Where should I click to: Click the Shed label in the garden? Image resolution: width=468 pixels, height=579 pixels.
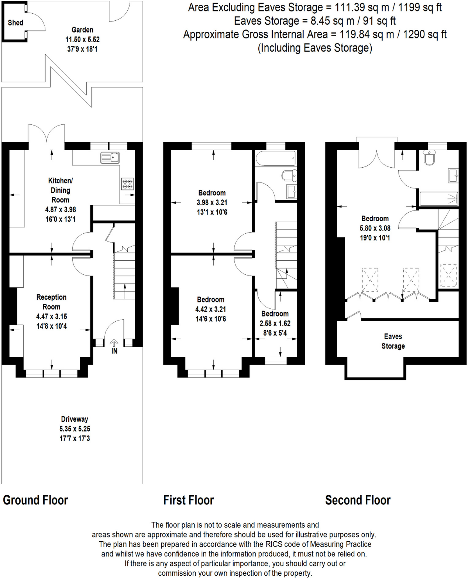pyautogui.click(x=16, y=23)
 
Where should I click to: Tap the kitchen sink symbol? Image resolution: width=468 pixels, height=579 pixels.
pyautogui.click(x=110, y=158)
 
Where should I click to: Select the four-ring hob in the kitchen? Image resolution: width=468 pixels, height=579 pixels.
pyautogui.click(x=127, y=184)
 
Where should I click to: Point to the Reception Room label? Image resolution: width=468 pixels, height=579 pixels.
pyautogui.click(x=51, y=302)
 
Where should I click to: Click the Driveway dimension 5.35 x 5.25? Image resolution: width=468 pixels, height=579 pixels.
pyautogui.click(x=75, y=429)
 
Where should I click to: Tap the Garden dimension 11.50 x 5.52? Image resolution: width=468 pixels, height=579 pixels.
pyautogui.click(x=82, y=40)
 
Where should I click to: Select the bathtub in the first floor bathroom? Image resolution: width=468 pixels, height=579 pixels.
pyautogui.click(x=275, y=158)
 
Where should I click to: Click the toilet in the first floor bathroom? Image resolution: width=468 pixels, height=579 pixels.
pyautogui.click(x=289, y=175)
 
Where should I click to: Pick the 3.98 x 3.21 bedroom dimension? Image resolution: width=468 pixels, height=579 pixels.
pyautogui.click(x=212, y=202)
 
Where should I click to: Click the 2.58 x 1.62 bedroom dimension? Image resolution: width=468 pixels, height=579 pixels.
pyautogui.click(x=275, y=323)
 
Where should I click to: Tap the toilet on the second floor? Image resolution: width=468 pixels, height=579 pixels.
pyautogui.click(x=429, y=158)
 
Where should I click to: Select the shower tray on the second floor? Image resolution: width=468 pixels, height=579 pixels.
pyautogui.click(x=439, y=199)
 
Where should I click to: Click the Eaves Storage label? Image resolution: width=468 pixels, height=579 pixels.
pyautogui.click(x=393, y=341)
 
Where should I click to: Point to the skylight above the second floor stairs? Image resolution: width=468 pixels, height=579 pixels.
pyautogui.click(x=448, y=275)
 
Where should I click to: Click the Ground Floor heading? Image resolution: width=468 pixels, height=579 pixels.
pyautogui.click(x=35, y=500)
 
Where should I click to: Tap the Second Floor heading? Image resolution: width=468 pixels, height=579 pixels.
pyautogui.click(x=358, y=500)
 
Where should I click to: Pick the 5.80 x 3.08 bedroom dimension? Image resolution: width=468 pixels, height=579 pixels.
pyautogui.click(x=375, y=228)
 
